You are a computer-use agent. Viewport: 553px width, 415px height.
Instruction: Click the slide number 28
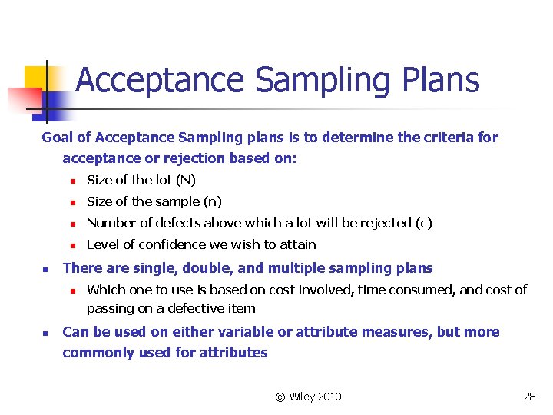529,397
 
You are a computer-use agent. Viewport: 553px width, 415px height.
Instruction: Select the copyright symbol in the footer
280,397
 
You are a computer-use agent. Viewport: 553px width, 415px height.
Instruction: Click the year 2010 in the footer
329,397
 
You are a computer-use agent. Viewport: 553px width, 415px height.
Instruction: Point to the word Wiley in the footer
300,397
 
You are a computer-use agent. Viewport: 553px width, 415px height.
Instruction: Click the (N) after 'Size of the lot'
185,180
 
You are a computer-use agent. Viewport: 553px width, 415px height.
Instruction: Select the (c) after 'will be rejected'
423,223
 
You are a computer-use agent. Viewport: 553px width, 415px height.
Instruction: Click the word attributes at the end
233,353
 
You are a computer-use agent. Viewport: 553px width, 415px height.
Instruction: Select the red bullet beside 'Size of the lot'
70,181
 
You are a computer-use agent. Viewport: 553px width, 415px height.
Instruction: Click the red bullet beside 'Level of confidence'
70,245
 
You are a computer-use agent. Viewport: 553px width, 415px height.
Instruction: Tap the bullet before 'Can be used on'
45,333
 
